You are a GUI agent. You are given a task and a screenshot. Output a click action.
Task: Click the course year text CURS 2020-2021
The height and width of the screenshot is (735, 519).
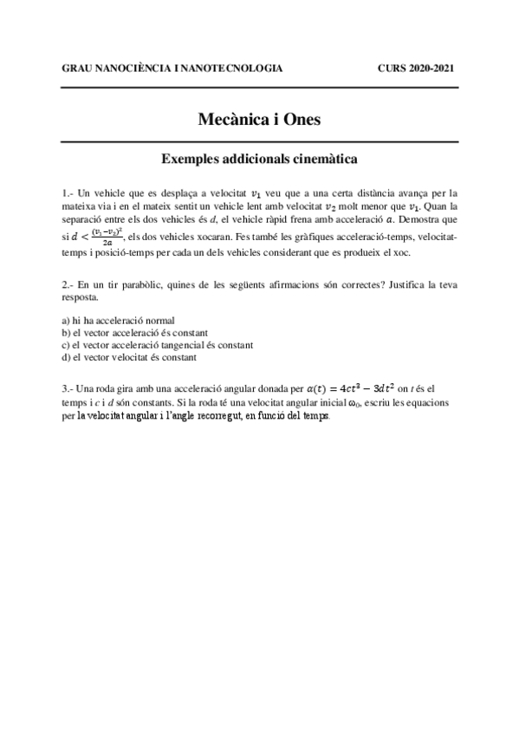click(417, 68)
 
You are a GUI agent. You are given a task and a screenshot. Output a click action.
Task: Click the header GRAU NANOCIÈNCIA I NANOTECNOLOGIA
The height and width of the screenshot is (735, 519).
click(172, 68)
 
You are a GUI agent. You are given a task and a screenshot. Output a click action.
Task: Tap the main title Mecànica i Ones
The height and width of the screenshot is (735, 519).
click(259, 119)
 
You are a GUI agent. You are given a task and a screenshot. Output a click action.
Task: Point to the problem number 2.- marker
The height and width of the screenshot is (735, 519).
click(68, 285)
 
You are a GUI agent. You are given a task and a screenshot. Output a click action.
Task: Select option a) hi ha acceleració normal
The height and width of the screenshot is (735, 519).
click(114, 320)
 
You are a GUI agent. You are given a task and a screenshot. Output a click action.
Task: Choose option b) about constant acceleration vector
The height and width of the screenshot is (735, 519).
click(134, 332)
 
